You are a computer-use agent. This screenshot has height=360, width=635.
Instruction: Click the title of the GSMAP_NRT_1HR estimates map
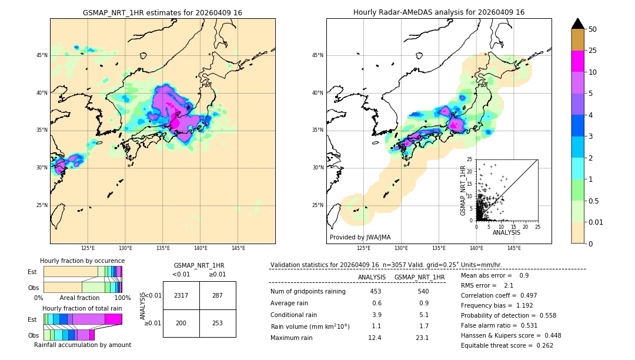(162, 12)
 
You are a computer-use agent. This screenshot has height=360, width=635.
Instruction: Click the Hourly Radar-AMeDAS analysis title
(439, 12)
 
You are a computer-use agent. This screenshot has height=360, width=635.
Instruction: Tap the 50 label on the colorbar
(593, 29)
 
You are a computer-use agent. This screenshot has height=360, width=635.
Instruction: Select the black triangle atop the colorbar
(578, 24)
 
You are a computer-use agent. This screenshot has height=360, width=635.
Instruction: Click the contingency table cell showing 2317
(181, 295)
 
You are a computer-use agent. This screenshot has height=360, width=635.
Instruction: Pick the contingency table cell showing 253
(218, 323)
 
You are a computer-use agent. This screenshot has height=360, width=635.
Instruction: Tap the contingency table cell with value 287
(218, 295)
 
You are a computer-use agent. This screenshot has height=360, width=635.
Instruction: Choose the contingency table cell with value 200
(181, 323)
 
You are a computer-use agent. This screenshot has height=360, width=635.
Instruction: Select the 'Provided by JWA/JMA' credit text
(360, 237)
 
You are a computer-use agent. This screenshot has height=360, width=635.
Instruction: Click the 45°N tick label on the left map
(41, 55)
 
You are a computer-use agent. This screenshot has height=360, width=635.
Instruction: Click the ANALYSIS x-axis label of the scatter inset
(506, 232)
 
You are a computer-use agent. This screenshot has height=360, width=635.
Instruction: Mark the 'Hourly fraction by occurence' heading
(82, 261)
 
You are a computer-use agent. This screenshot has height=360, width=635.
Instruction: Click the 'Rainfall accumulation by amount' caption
(82, 345)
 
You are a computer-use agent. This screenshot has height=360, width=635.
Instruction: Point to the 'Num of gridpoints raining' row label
(308, 291)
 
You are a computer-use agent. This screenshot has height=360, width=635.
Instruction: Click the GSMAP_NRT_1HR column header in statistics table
(419, 277)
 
